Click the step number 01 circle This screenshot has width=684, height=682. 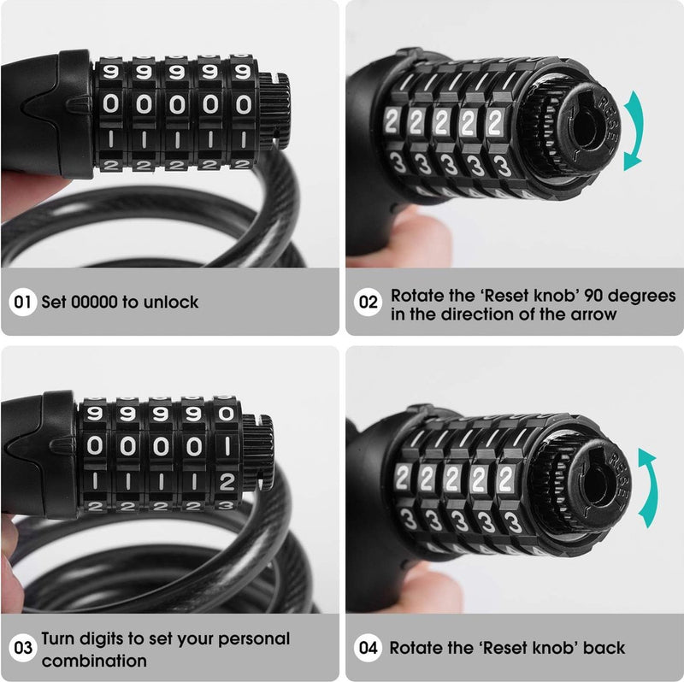pos(23,302)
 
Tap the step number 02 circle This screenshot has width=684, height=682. pos(368,302)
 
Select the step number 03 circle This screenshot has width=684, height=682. pos(23,648)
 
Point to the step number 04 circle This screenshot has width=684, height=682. pos(368,648)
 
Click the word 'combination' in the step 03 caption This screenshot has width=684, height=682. pos(94,660)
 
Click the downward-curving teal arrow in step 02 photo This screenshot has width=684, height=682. pos(635,132)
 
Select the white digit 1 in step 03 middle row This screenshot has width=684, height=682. pos(227,446)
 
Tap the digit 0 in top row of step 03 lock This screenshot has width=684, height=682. pos(226,413)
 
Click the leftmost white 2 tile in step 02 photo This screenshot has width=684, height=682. pos(392,122)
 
